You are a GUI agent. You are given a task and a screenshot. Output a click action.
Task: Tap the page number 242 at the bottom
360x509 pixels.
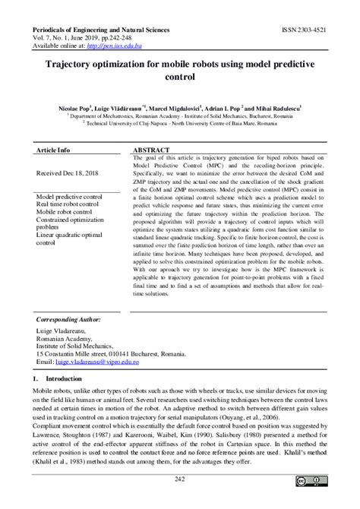coord(179,478)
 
